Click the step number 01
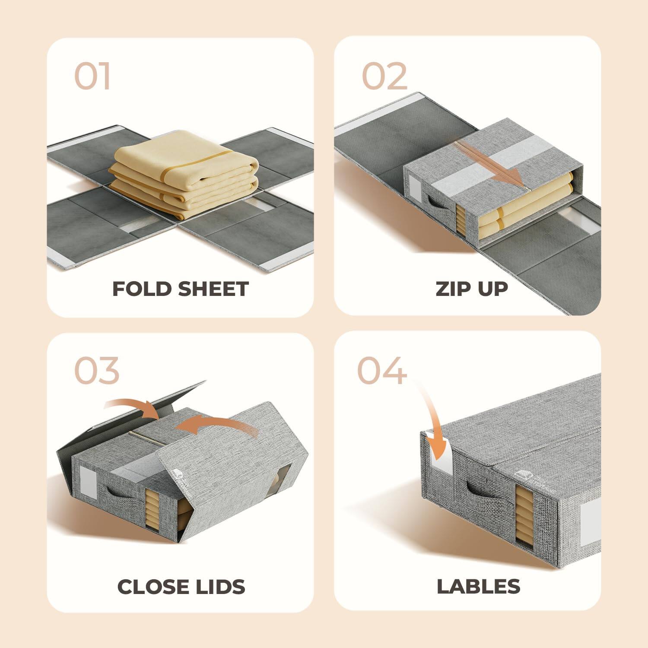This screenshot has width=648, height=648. point(92,76)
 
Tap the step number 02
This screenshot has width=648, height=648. point(384,76)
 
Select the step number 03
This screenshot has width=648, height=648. point(96,371)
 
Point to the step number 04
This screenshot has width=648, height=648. point(382,371)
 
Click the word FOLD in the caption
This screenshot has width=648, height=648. point(138,289)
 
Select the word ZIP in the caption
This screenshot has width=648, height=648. point(452,289)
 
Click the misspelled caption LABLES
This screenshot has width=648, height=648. point(478,587)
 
